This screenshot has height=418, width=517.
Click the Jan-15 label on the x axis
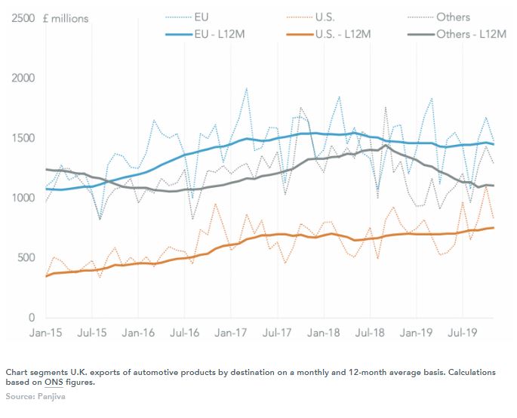(x=45, y=331)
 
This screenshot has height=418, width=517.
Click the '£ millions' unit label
(x=66, y=18)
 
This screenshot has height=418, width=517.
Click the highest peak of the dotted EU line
(x=246, y=88)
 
